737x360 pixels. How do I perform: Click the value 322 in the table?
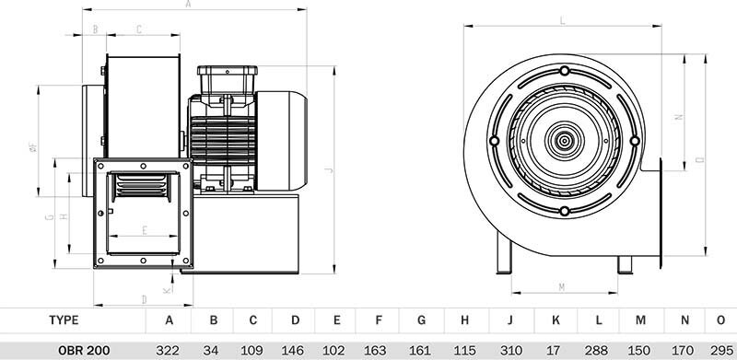168,350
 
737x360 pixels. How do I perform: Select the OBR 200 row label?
84,350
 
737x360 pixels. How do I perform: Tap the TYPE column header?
64,320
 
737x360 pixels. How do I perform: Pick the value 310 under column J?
511,350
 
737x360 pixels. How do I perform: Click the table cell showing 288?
597,350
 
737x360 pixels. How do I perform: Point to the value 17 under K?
554,350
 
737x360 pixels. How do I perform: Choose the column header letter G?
421,320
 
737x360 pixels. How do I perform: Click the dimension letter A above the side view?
189,4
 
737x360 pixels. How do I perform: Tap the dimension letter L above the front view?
562,20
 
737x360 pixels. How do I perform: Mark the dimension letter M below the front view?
562,287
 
